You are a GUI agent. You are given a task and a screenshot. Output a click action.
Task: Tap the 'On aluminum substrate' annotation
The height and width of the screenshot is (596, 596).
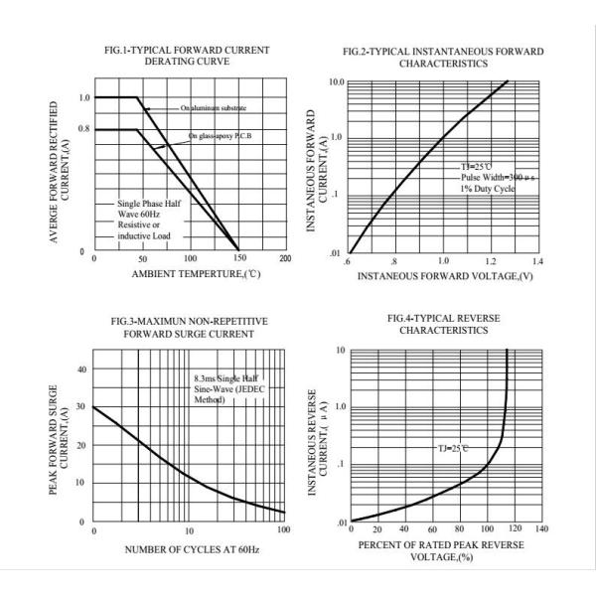coord(213,107)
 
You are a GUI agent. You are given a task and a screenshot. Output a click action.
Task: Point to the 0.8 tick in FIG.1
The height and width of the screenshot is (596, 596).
coord(83,129)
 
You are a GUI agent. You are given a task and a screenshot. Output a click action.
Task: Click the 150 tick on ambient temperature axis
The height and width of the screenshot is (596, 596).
coord(237,259)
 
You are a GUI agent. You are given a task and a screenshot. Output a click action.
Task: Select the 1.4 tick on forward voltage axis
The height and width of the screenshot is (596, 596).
coord(539,260)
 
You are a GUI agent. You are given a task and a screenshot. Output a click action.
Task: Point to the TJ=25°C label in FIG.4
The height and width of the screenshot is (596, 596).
coord(453,448)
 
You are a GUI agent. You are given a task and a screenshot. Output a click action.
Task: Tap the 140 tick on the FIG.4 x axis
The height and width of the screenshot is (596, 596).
coord(540,529)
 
